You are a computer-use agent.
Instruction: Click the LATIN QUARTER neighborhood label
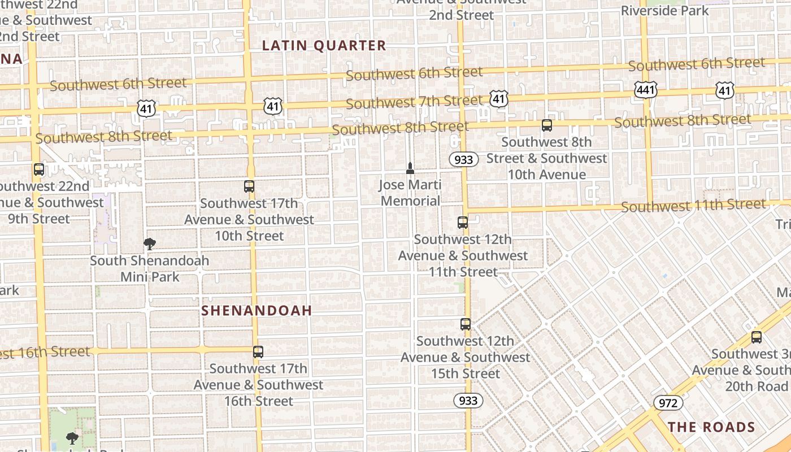(x=324, y=46)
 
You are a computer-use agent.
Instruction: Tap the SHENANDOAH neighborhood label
(x=257, y=310)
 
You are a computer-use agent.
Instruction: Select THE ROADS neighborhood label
(x=711, y=427)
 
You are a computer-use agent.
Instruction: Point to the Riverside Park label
(x=664, y=10)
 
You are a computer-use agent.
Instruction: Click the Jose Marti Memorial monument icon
(x=410, y=168)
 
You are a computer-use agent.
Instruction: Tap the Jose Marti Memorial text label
(x=410, y=193)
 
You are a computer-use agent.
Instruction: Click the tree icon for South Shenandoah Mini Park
(x=150, y=244)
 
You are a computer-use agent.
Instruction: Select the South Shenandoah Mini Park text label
(x=150, y=269)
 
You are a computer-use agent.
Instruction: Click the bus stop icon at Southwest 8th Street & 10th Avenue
(x=546, y=125)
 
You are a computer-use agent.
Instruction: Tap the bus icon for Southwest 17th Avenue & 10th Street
(x=249, y=186)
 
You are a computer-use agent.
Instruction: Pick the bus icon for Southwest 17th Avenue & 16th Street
(x=258, y=351)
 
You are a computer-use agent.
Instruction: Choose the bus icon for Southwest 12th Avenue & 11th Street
(x=463, y=223)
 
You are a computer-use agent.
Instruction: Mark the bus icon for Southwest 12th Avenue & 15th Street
(x=466, y=324)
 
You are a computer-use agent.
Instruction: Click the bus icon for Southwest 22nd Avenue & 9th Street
(x=39, y=169)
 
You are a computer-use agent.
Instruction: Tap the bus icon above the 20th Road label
(x=757, y=337)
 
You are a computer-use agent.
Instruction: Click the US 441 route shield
(x=645, y=89)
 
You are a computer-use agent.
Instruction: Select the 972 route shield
(x=668, y=403)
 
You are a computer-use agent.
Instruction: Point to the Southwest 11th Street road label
(x=693, y=206)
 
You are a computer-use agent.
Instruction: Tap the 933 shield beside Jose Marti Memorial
(x=464, y=160)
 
